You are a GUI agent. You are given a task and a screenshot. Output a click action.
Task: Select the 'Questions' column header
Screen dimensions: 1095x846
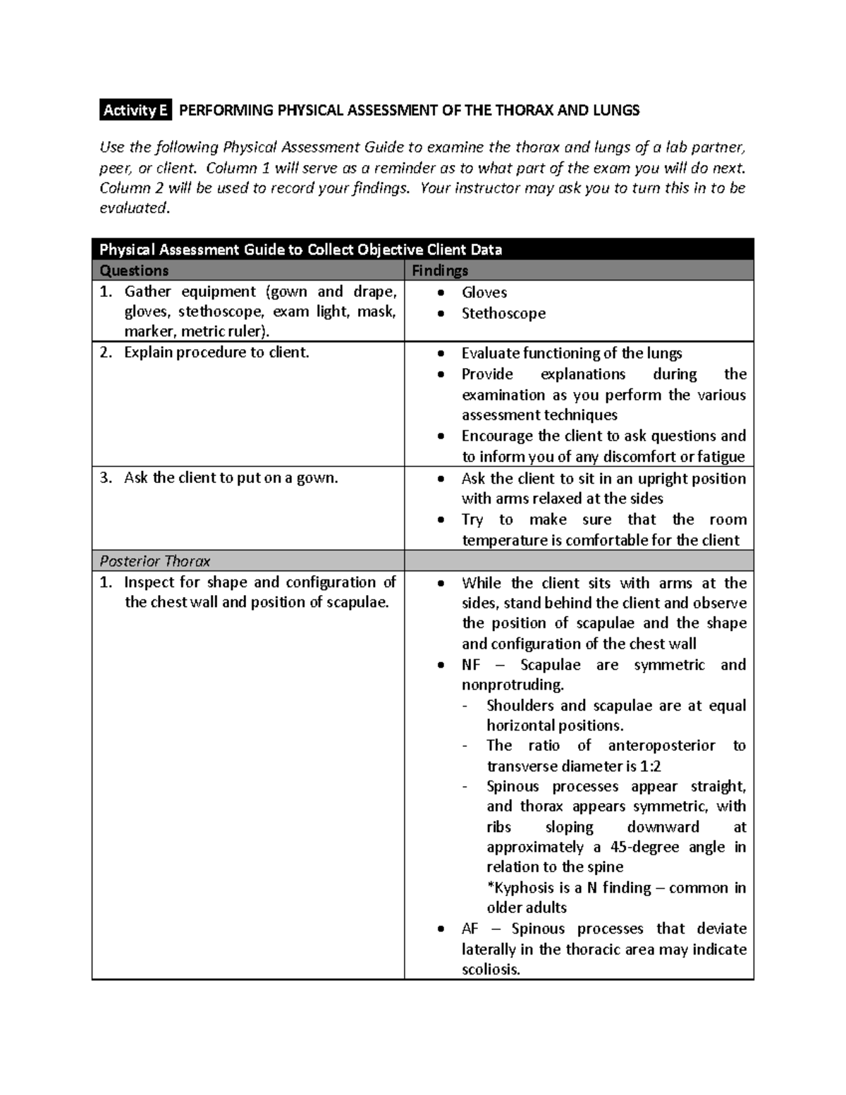tap(134, 271)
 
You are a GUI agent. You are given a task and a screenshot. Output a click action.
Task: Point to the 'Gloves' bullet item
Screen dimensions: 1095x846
tap(484, 293)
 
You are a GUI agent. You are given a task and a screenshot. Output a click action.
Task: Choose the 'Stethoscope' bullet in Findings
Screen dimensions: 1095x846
tap(503, 314)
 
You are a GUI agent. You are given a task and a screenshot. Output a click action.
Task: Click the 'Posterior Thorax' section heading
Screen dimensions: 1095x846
tap(155, 561)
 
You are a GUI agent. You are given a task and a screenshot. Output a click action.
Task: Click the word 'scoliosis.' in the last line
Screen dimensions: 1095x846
tap(491, 969)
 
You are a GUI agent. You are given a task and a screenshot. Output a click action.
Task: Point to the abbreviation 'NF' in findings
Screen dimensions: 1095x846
tap(471, 665)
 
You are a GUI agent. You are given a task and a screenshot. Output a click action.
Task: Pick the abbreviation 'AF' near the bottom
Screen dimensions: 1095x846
tap(470, 929)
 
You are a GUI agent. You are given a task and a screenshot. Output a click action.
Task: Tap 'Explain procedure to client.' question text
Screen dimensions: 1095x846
tap(216, 353)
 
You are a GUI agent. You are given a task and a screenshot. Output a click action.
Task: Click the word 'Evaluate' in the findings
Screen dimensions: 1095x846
tap(491, 353)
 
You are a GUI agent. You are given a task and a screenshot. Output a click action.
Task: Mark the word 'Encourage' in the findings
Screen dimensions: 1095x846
tap(497, 436)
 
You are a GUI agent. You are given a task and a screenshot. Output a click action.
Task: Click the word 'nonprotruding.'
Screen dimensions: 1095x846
tap(513, 685)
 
